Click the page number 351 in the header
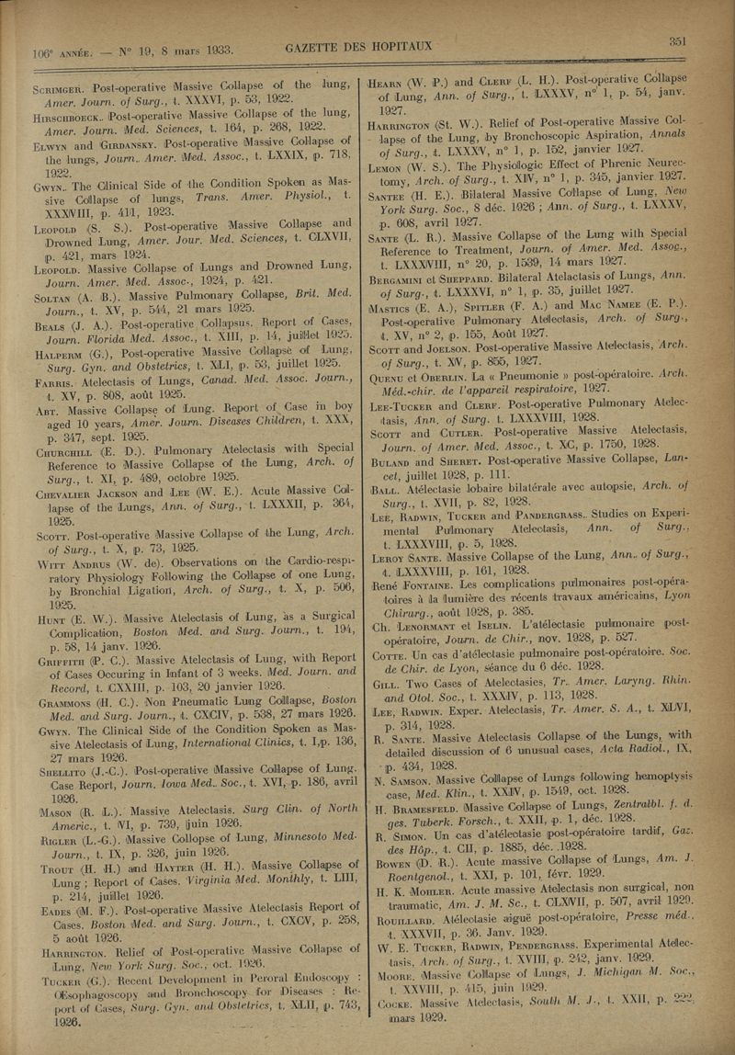click(678, 40)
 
